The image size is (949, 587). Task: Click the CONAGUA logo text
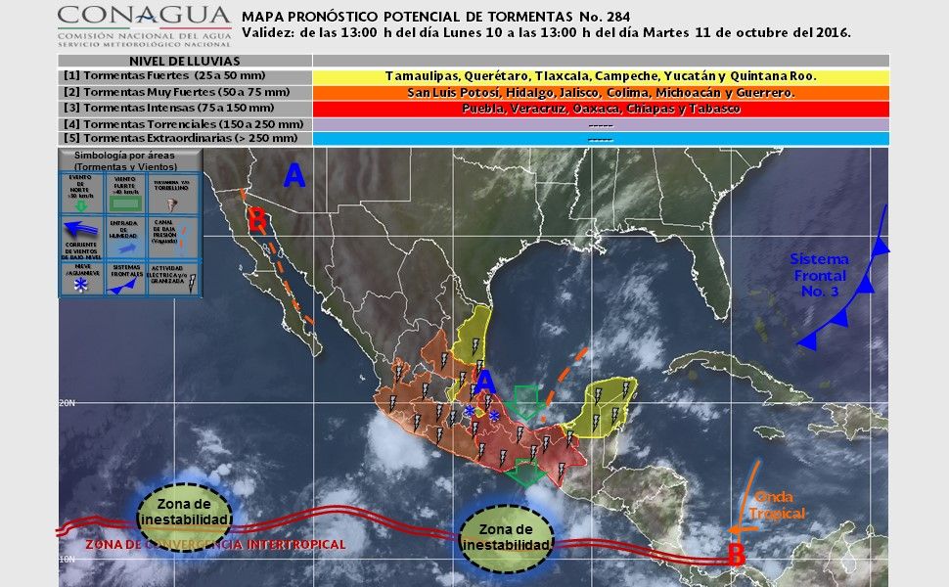point(143,17)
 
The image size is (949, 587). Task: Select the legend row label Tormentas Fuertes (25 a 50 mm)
point(152,75)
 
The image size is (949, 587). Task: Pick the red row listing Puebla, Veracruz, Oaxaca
point(601,109)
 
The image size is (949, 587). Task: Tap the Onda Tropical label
point(778,506)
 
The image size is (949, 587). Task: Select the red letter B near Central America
point(736,555)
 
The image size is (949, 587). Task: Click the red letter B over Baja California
point(256,221)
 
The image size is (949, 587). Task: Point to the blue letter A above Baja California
point(294,176)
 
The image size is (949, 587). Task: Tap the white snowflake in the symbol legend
point(81,284)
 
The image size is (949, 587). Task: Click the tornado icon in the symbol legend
point(174,203)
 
